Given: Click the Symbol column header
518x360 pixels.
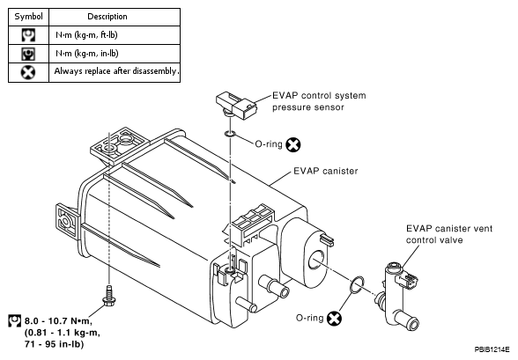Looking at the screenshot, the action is coord(29,17).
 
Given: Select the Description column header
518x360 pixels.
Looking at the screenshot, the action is coord(107,17).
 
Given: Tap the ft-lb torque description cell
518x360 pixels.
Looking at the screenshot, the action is coord(86,35).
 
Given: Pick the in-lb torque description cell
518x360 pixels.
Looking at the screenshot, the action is coord(87,54).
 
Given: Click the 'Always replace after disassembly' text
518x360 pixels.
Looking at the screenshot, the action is coord(116,71).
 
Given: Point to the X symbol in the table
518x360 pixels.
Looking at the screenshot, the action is coord(28,72).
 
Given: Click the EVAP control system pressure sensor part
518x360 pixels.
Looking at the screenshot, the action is coord(236,106).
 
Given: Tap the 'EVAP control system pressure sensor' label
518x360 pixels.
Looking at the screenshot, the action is coord(319,101).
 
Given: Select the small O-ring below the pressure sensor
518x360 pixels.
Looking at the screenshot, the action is coord(230,134).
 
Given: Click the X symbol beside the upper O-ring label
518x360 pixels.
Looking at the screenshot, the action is coord(293,144).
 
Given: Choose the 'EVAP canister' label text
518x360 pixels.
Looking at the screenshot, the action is coord(326,171).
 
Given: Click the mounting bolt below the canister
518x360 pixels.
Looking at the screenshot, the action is coord(109,296).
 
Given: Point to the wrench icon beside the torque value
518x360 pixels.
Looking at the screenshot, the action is coord(14,320).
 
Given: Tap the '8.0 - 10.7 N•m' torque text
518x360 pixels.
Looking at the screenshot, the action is coord(58,320).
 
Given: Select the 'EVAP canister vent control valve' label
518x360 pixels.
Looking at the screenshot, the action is coord(449,234).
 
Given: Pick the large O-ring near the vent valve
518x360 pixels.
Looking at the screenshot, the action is coord(357,284).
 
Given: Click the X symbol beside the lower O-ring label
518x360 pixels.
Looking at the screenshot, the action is coord(335,319).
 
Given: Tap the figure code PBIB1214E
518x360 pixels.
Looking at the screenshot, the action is coord(492,349).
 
